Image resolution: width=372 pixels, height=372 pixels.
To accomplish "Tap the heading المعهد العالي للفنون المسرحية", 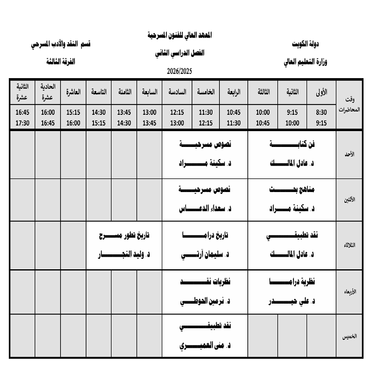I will coord(179,36).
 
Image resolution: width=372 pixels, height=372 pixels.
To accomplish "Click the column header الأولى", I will coord(321,92).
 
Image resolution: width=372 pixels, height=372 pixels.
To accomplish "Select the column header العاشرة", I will coord(73,92).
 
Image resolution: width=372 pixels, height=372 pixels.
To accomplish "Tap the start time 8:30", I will coord(321,113).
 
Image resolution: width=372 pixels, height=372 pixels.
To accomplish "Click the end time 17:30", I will coord(22,123).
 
